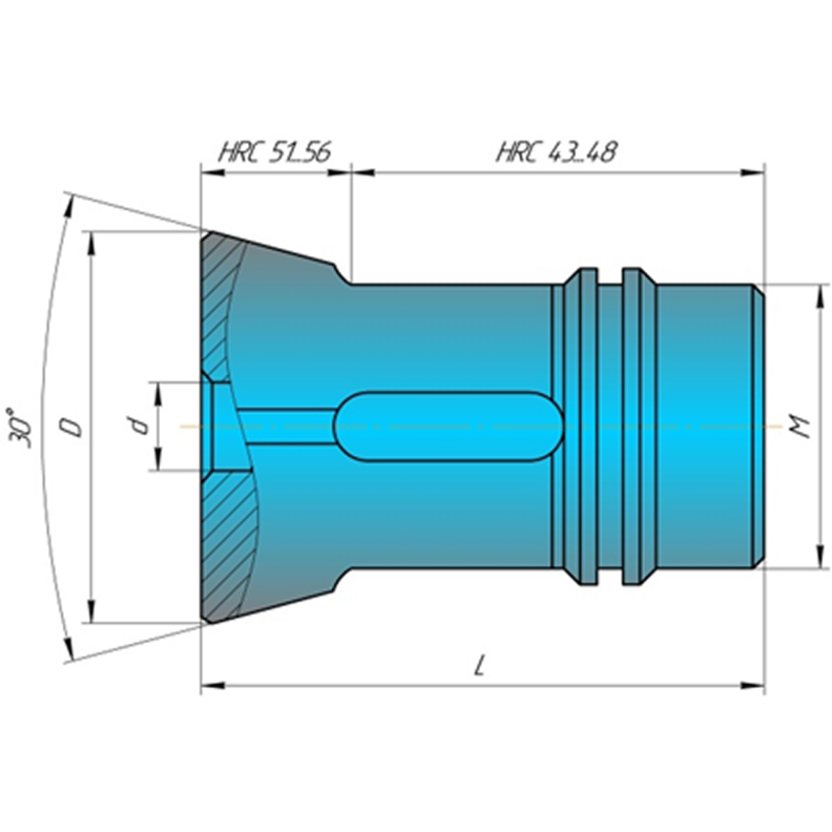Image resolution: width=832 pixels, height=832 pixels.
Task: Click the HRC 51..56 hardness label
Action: pyautogui.click(x=274, y=152)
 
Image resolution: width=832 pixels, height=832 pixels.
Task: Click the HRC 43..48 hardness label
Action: pyautogui.click(x=556, y=152)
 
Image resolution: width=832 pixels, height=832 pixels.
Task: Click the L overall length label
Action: pyautogui.click(x=480, y=666)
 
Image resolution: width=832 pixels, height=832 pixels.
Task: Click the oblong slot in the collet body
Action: pyautogui.click(x=448, y=426)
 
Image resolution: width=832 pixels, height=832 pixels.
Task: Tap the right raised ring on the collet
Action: pyautogui.click(x=638, y=426)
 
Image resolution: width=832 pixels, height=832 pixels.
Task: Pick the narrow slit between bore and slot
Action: pyautogui.click(x=284, y=426)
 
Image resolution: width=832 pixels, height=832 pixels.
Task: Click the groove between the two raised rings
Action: pyautogui.click(x=610, y=426)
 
